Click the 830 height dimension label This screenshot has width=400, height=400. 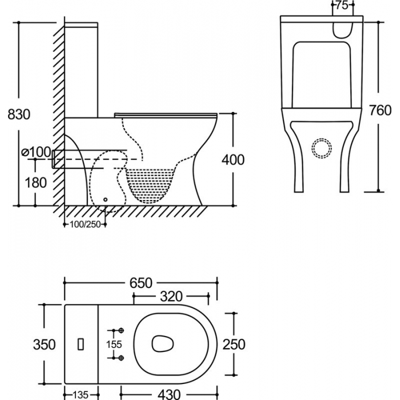pos(19,114)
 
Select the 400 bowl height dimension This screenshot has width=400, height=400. pos(233,159)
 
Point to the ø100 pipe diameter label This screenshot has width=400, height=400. pos(35,152)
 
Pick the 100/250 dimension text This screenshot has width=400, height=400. pos(85,224)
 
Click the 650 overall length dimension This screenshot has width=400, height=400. pos(141,283)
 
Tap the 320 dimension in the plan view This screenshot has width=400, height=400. pos(171,297)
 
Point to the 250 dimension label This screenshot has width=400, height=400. pos(234,344)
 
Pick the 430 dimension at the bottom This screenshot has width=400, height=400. pos(170,394)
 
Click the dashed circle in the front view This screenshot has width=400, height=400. pos(321,149)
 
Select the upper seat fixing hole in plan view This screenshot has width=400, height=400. pos(121,331)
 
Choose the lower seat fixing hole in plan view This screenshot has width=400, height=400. pos(121,358)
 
